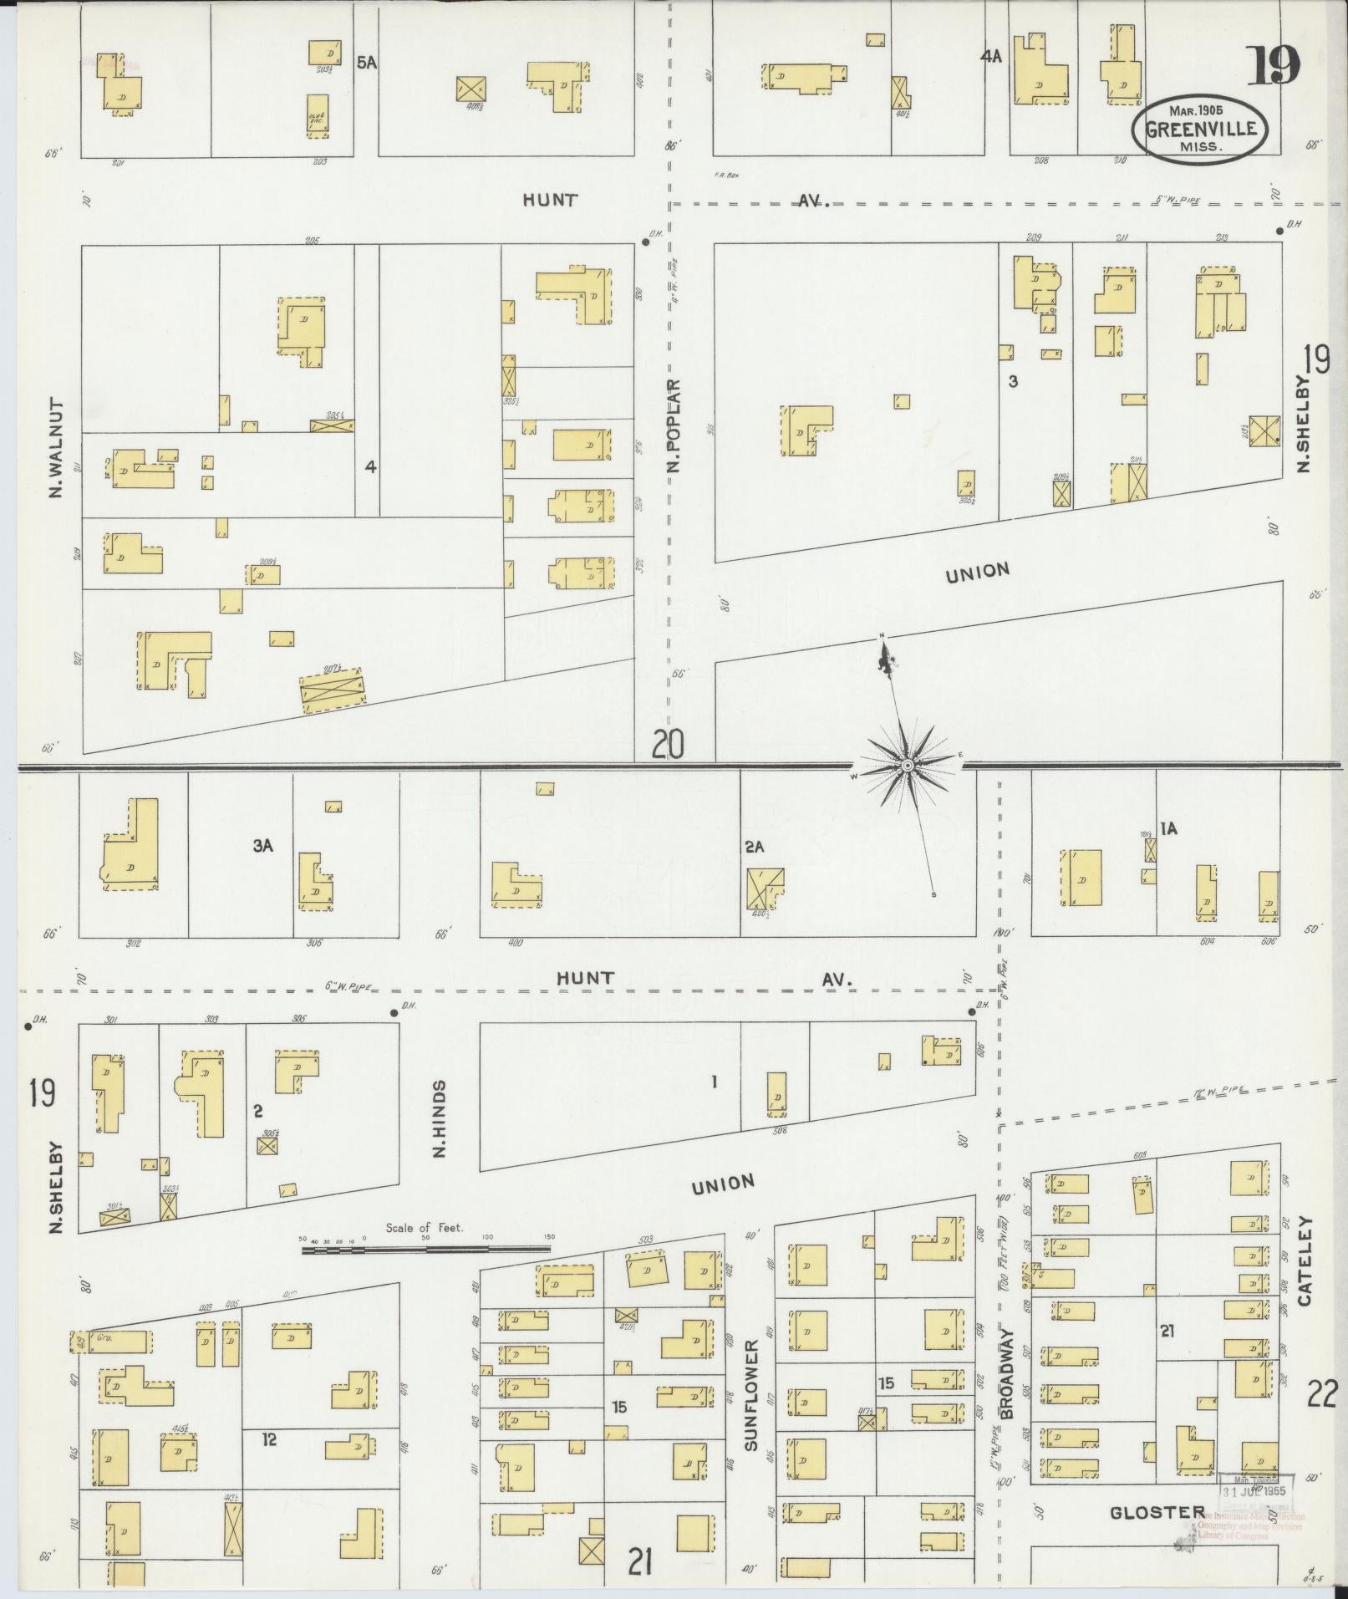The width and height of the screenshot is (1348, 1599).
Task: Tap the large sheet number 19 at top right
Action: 1274,66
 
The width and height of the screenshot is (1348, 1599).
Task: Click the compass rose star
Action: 908,765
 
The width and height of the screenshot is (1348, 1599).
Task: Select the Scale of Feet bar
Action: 426,1250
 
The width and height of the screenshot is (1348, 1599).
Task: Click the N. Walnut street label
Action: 56,447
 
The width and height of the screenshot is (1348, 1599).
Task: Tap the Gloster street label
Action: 1157,1513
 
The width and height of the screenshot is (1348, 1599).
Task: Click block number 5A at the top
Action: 366,61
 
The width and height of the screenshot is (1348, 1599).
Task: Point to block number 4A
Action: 991,57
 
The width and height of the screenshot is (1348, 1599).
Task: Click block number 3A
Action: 263,846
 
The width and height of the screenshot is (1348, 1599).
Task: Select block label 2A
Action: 755,847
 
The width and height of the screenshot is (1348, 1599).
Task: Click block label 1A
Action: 1168,828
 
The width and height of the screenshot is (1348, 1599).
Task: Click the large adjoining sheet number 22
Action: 1323,1394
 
